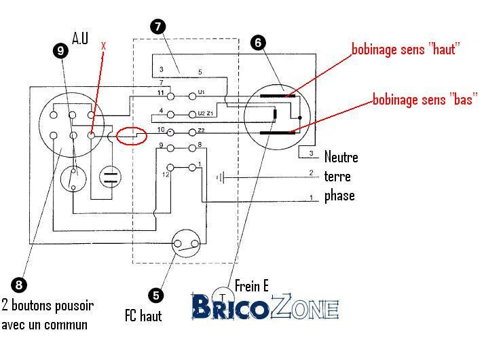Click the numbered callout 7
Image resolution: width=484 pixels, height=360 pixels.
158,27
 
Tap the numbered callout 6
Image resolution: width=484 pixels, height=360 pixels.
257,42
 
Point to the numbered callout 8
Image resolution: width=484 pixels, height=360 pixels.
19,285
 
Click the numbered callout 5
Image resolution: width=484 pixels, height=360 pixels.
156,295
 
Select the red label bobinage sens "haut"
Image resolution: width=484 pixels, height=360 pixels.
406,49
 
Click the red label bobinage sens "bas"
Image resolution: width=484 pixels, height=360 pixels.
425,100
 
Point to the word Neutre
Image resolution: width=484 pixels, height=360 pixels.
341,158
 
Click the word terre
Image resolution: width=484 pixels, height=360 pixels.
337,177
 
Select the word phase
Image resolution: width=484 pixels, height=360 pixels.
339,196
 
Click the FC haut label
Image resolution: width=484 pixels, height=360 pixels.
143,316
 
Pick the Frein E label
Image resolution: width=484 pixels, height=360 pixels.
252,286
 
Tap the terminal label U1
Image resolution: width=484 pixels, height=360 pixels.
201,91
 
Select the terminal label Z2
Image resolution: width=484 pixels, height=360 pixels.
201,130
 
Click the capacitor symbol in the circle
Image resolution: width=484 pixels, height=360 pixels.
110,177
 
